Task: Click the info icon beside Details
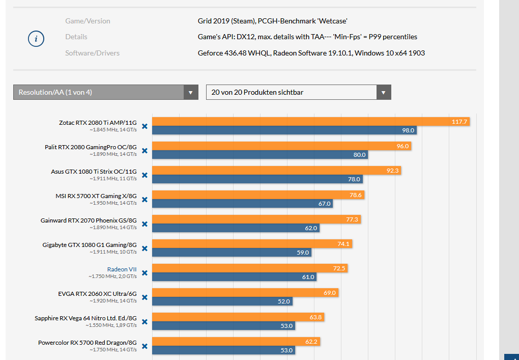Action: pyautogui.click(x=36, y=39)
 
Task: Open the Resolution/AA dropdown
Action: pyautogui.click(x=106, y=92)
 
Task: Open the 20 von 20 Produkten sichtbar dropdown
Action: pyautogui.click(x=298, y=92)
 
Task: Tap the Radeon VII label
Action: pyautogui.click(x=122, y=269)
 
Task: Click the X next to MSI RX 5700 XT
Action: pyautogui.click(x=145, y=200)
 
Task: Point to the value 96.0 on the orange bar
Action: pyautogui.click(x=402, y=146)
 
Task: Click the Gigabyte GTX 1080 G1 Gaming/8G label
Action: pyautogui.click(x=90, y=245)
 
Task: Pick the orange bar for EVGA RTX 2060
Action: pyautogui.click(x=245, y=293)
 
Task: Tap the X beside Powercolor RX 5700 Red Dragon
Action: pyautogui.click(x=145, y=346)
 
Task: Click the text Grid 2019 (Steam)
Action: pyautogui.click(x=226, y=21)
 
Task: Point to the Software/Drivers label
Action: pyautogui.click(x=92, y=53)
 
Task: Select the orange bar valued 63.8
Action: pyautogui.click(x=238, y=317)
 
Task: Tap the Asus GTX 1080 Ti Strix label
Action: pyautogui.click(x=94, y=172)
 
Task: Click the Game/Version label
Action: pyautogui.click(x=88, y=21)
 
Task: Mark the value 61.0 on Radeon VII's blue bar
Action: pyautogui.click(x=308, y=277)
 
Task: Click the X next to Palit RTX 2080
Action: pyautogui.click(x=145, y=151)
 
